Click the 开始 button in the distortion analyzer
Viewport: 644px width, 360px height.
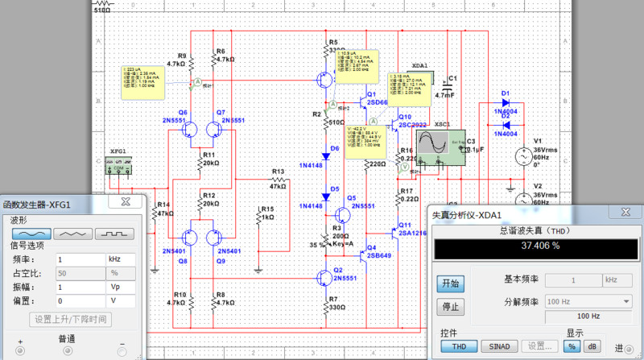click(451, 283)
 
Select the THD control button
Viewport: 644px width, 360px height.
click(459, 346)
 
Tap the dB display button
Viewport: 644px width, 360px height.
click(594, 346)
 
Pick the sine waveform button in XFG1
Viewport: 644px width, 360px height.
click(31, 234)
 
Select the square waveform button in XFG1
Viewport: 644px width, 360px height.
click(114, 234)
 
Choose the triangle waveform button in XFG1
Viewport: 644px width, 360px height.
click(72, 234)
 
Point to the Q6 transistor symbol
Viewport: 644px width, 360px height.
click(193, 130)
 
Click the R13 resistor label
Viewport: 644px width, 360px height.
click(279, 172)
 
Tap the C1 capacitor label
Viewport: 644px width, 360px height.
click(452, 79)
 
